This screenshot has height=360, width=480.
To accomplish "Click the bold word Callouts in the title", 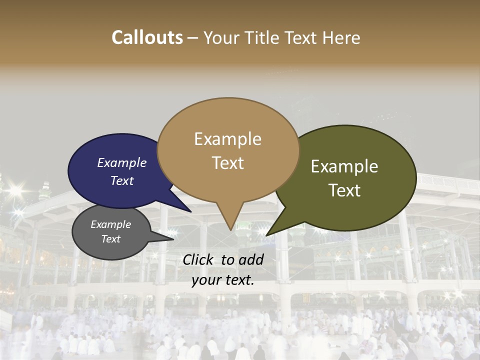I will click(x=147, y=37).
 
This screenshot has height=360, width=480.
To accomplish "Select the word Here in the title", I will click(x=341, y=37).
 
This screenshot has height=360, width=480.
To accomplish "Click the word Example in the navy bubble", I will click(x=122, y=162).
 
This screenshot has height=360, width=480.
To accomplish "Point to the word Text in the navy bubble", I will click(x=122, y=180).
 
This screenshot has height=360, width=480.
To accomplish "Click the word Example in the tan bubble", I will click(x=227, y=139).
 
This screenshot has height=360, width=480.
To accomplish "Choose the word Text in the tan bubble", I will click(x=227, y=163).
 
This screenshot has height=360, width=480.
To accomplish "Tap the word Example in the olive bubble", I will click(x=344, y=166).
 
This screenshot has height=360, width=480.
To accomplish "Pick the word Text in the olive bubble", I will click(x=344, y=190).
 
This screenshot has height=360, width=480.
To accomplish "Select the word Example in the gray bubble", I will click(x=111, y=224).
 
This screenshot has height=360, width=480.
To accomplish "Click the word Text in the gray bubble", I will click(x=111, y=239).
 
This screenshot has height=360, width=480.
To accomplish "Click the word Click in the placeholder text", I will click(x=198, y=259).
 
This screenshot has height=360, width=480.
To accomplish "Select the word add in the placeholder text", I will click(x=250, y=259).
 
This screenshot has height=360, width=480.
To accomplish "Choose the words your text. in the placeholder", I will click(x=223, y=280).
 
